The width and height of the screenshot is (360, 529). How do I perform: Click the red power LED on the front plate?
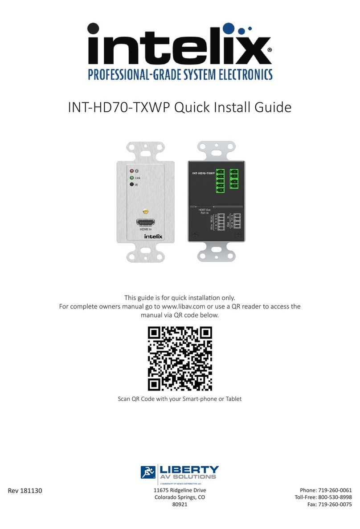[131, 171]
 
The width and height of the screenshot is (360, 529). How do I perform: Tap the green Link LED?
[131, 177]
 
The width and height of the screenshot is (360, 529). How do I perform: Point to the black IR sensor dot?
[131, 184]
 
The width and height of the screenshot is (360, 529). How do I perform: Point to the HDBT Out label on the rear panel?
[204, 210]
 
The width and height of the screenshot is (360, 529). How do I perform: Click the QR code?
[180, 358]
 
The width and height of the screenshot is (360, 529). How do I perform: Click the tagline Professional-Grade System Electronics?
[180, 73]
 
